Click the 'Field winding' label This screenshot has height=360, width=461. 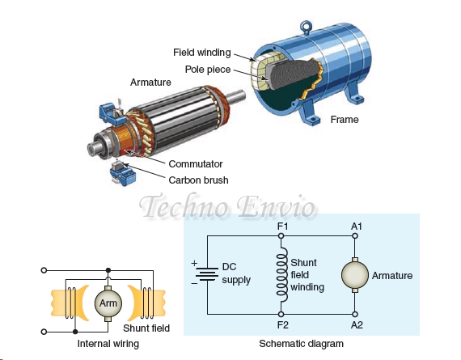201,53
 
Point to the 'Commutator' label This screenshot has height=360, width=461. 195,164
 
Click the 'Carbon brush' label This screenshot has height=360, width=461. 198,180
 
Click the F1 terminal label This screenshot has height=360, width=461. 281,226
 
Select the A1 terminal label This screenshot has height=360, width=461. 357,226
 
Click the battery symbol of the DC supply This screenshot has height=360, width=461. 207,275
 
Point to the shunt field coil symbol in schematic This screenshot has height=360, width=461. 282,275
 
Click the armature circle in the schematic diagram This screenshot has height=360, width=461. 356,275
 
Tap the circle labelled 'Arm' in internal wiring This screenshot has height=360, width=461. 107,303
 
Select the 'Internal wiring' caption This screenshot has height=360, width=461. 108,344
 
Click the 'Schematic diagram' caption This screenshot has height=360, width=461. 301,344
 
